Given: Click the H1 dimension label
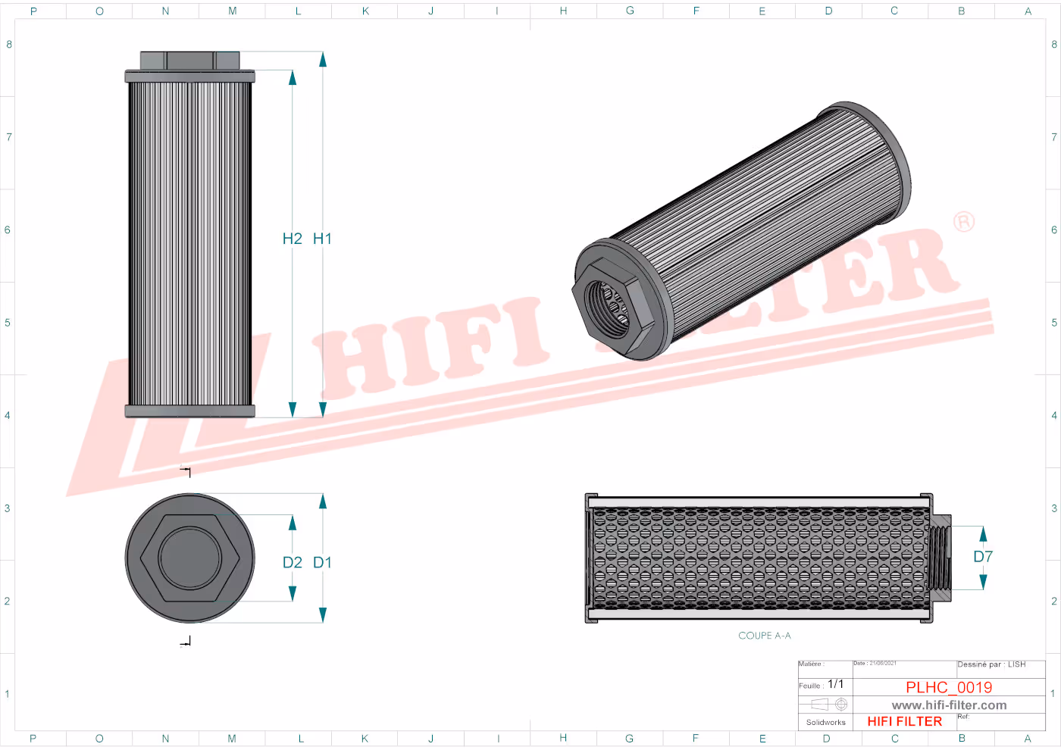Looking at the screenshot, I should (x=322, y=239).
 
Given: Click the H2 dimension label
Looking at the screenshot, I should (x=292, y=239).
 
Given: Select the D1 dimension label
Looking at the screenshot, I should (x=322, y=562).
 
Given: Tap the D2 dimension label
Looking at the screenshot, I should (x=292, y=562).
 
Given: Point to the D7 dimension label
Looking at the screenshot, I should (x=983, y=557).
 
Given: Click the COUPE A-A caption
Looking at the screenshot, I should (x=764, y=636).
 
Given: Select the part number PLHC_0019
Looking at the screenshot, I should (x=949, y=687).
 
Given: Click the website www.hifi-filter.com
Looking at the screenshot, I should (x=949, y=705).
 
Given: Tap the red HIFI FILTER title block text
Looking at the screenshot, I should (x=904, y=721).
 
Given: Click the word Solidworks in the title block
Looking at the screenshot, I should (x=825, y=723).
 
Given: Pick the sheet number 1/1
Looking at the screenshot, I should (x=835, y=684).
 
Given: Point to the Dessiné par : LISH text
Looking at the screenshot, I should (x=991, y=664).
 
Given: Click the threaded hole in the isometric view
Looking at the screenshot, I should (x=609, y=305).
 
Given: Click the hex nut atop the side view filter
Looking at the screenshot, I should (x=189, y=61).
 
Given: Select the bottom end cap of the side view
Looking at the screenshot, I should (x=189, y=411).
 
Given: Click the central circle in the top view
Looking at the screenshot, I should (x=189, y=558).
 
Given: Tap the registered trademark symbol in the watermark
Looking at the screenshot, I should (x=964, y=222).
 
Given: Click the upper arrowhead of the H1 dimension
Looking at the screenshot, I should (x=322, y=60).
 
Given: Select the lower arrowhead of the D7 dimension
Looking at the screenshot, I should (x=983, y=582).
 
